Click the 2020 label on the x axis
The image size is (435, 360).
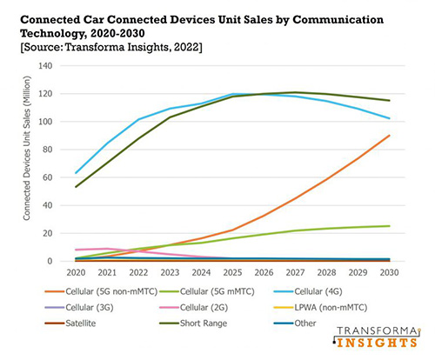[77, 272]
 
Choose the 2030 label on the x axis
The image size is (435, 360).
[389, 272]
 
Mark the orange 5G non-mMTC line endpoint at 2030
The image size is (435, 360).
[389, 136]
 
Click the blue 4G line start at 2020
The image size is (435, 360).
[77, 173]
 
